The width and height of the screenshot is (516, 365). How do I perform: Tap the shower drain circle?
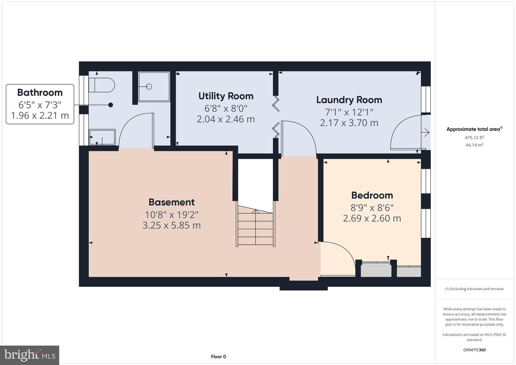click(x=149, y=86)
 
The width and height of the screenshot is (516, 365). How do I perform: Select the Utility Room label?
click(x=226, y=96)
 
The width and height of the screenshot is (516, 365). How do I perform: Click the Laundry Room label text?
click(x=349, y=100)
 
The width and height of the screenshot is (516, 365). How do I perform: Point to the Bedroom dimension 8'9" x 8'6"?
click(x=372, y=208)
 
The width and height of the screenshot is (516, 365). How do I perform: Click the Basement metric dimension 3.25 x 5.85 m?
click(x=172, y=225)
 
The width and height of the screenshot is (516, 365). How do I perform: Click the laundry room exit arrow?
click(x=426, y=132)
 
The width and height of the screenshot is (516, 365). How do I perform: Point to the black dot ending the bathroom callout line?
click(x=111, y=105)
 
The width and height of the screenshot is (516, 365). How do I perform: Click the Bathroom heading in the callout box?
click(x=40, y=93)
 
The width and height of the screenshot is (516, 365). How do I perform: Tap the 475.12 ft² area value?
click(x=474, y=138)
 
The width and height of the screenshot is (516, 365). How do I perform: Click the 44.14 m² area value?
click(x=474, y=145)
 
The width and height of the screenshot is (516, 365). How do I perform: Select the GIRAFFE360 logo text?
click(x=474, y=350)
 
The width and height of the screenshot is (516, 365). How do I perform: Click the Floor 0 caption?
click(x=218, y=357)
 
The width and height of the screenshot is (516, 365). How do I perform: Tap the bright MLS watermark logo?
click(x=30, y=355)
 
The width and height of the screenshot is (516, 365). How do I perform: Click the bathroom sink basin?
click(x=102, y=137)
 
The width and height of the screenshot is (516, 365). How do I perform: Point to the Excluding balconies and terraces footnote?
click(x=474, y=289)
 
